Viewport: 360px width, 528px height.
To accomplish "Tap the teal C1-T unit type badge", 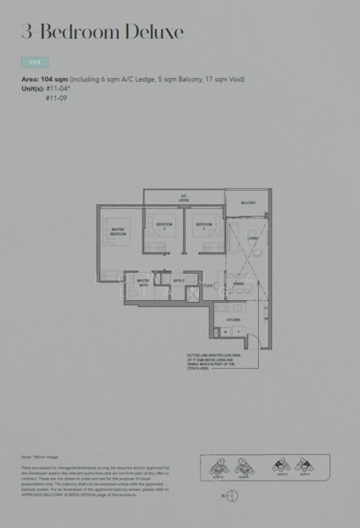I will tap(34, 63).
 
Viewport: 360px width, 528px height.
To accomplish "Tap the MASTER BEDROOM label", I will tap(117, 232).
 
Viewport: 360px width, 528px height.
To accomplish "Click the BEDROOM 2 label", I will tap(165, 225).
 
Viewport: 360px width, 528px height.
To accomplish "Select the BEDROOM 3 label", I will tap(204, 225).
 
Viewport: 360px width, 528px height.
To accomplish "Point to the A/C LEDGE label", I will tap(184, 199).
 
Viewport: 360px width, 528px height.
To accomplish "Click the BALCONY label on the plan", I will tap(248, 202).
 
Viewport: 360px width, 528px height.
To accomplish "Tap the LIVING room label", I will tap(252, 238).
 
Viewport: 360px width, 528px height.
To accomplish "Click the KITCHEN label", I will tap(234, 319).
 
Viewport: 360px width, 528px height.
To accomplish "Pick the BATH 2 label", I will tap(178, 281).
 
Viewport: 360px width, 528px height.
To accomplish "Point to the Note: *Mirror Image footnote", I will tap(39, 457).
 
